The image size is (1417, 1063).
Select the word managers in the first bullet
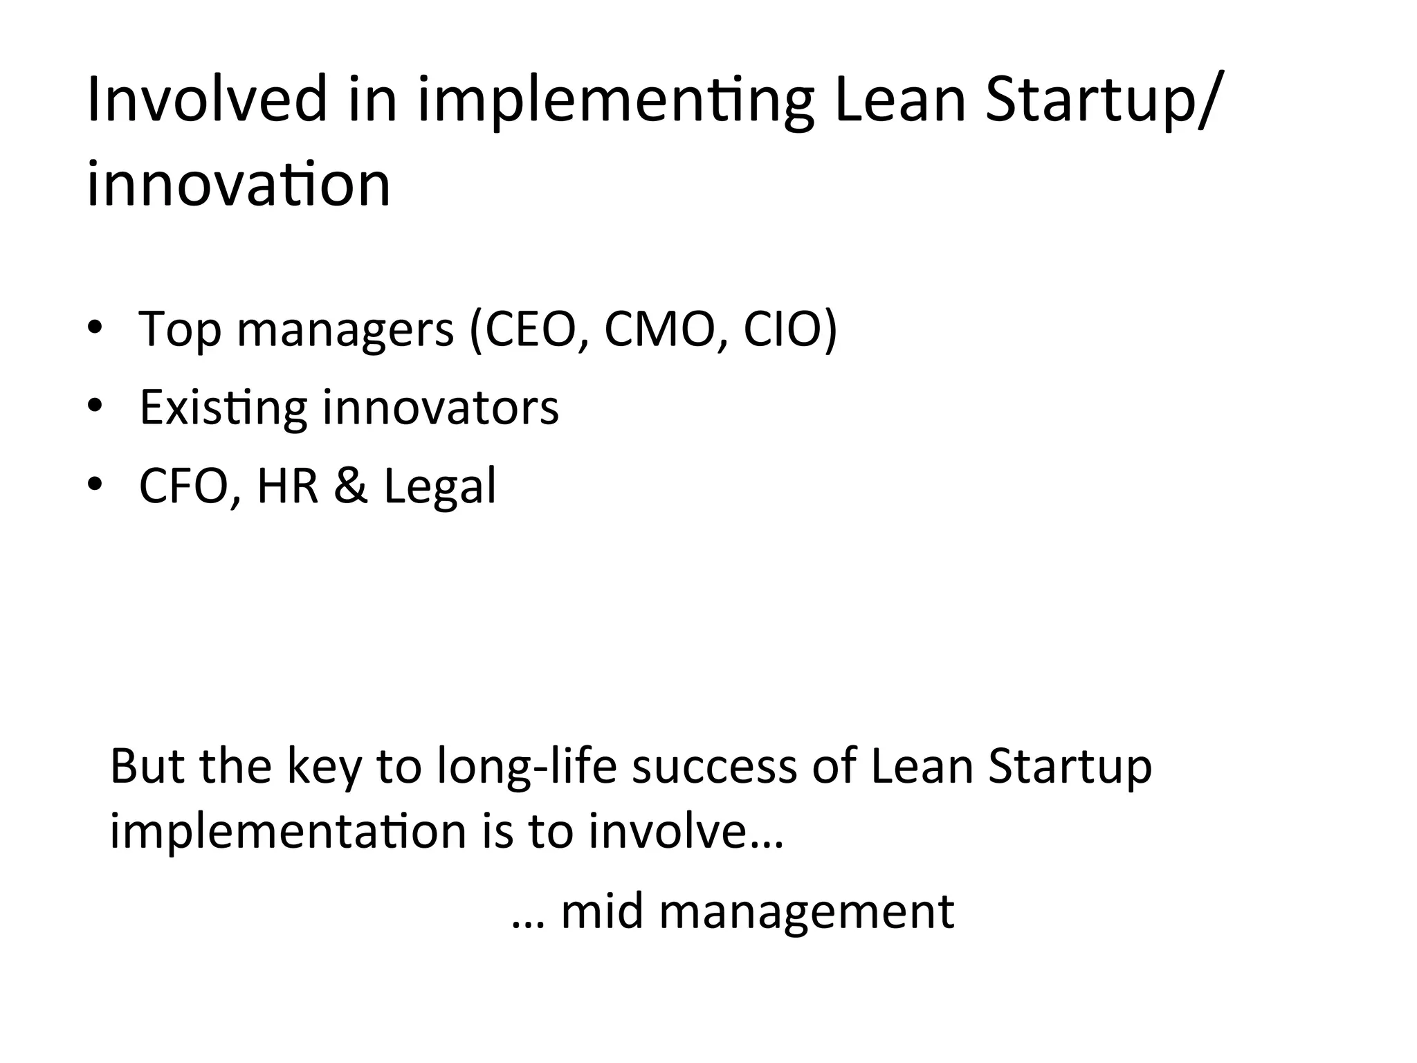[345, 331]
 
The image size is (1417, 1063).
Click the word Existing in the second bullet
[223, 408]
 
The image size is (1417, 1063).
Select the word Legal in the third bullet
[440, 487]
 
